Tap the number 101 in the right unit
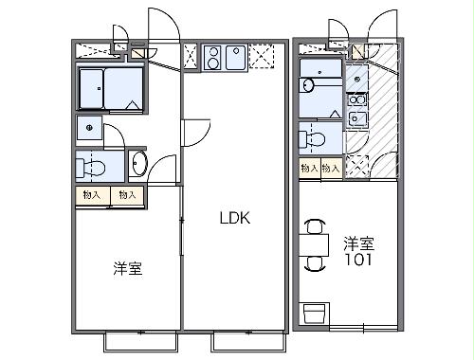click(x=357, y=258)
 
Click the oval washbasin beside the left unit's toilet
click(x=138, y=164)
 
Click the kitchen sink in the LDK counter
click(x=236, y=60)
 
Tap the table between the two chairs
click(x=315, y=247)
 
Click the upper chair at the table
click(x=315, y=226)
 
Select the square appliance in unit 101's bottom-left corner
click(x=315, y=312)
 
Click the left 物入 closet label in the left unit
click(x=92, y=195)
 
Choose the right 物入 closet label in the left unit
click(x=126, y=195)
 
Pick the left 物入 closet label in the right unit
click(x=309, y=168)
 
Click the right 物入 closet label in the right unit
click(x=331, y=168)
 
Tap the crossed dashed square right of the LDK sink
click(x=261, y=60)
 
